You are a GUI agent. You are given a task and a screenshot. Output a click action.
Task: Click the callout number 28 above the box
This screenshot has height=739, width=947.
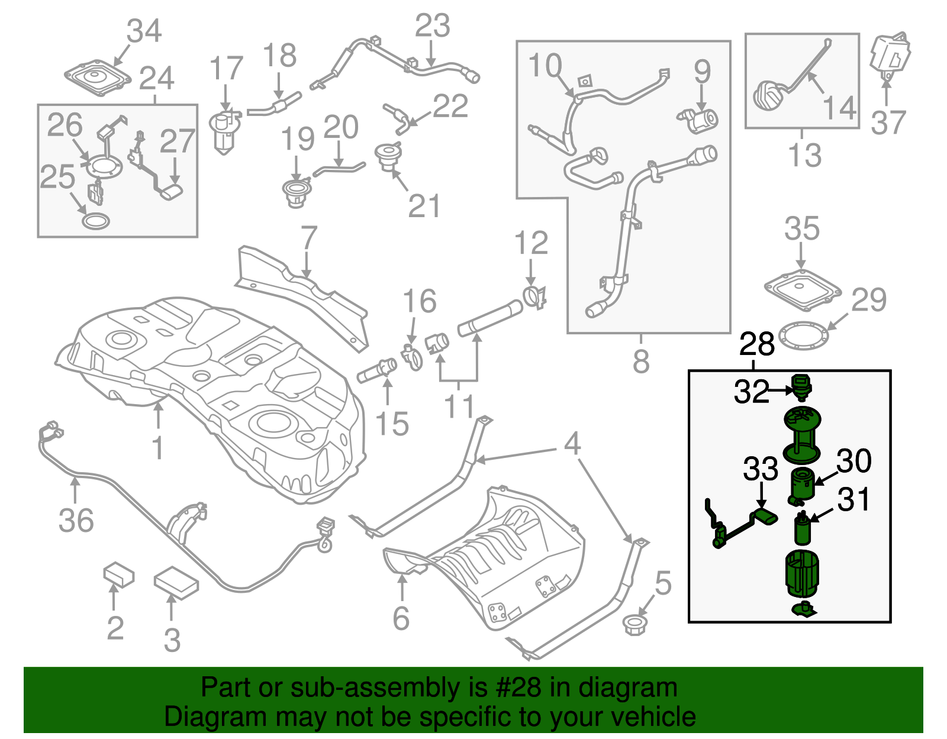point(757,344)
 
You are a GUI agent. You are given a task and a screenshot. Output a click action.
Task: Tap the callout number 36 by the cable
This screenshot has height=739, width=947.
point(76,521)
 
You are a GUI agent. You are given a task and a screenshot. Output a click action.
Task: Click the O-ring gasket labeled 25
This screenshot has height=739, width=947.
point(95,222)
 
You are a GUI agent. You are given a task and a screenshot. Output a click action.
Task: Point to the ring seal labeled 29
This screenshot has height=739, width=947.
point(802,336)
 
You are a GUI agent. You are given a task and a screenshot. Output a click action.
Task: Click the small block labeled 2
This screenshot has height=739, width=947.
point(118,575)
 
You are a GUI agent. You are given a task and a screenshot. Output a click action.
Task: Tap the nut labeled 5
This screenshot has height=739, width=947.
point(636,625)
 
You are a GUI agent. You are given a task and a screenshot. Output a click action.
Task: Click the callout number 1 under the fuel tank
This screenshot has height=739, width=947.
point(157,448)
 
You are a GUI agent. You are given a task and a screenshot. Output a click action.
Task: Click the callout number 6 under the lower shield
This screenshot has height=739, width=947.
point(401,618)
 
